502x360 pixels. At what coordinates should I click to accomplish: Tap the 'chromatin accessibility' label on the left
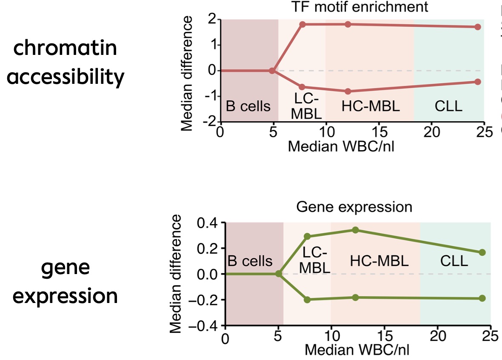[66, 63]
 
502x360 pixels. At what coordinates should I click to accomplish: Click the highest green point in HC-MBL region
[355, 230]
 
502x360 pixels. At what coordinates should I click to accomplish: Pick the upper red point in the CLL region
[477, 27]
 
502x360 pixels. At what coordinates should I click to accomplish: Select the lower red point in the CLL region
[477, 82]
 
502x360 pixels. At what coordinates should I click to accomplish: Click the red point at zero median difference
[272, 71]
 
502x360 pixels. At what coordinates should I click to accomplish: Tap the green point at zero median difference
[279, 274]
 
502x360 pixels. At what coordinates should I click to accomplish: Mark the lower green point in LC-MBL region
[308, 300]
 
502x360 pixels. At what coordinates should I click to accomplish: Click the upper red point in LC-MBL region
[302, 24]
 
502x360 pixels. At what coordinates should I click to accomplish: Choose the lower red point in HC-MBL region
[348, 91]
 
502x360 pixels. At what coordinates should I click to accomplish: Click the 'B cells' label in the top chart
[248, 106]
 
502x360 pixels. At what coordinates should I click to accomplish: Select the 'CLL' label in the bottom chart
[454, 261]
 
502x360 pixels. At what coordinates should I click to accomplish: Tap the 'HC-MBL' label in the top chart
[371, 106]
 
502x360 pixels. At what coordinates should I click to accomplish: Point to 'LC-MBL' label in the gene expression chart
[315, 260]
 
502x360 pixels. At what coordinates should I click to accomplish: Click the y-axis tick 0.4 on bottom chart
[206, 223]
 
